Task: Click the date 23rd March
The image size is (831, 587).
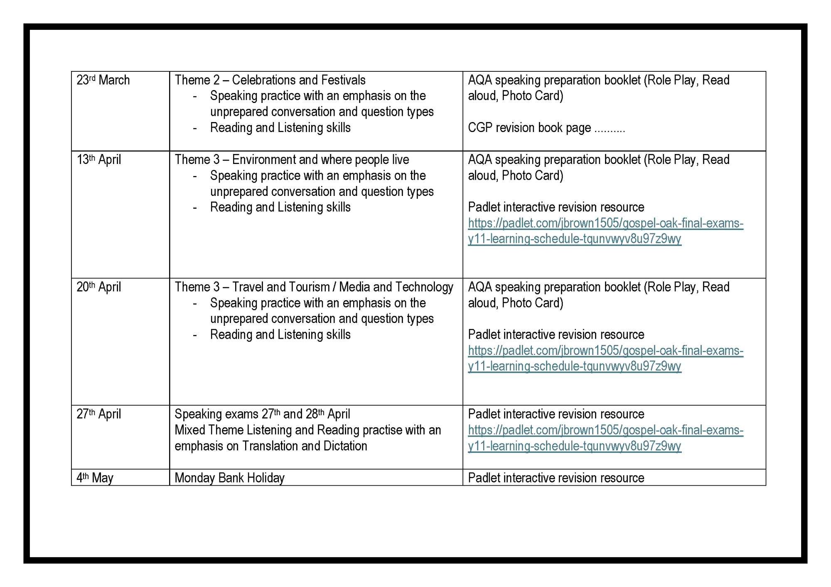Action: [103, 80]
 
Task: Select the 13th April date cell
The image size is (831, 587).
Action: [99, 160]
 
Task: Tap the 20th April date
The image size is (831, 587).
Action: [99, 287]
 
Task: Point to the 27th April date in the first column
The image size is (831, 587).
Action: [99, 414]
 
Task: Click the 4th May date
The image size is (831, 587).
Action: [95, 478]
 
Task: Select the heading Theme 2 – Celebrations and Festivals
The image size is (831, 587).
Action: [270, 80]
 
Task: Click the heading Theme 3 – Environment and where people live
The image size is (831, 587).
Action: [292, 160]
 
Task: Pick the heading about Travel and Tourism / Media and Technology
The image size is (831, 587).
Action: [314, 287]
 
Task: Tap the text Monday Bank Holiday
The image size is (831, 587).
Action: [229, 478]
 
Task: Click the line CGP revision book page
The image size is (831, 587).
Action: [546, 128]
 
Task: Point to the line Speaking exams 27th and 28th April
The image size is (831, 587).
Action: [262, 414]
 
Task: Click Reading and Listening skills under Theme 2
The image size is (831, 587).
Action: [280, 128]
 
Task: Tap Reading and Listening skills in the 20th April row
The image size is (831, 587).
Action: [280, 335]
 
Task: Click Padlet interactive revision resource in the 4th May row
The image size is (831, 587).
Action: [556, 478]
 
